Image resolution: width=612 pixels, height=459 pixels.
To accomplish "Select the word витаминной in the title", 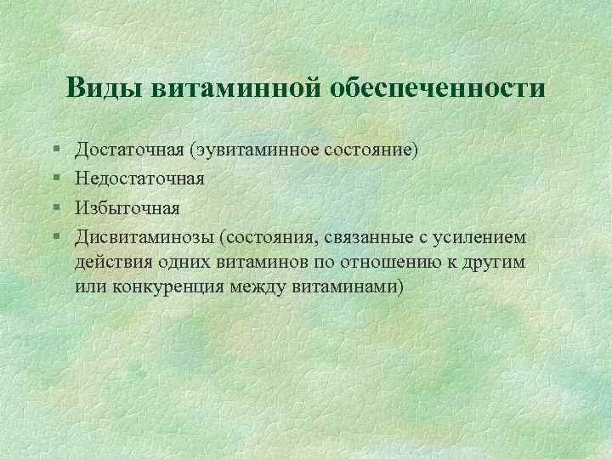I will [233, 88].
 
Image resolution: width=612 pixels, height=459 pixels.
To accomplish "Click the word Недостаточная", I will [139, 178].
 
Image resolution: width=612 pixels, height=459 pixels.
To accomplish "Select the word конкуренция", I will [167, 287].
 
